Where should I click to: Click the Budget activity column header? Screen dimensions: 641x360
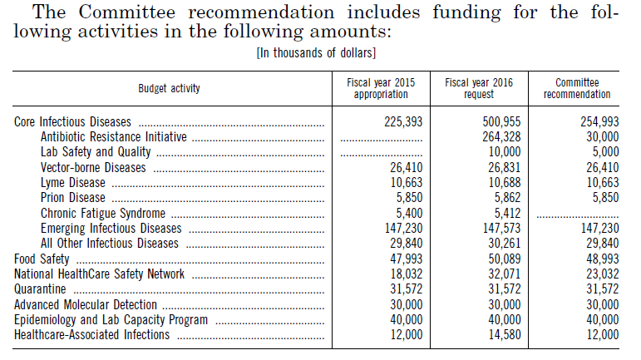169,88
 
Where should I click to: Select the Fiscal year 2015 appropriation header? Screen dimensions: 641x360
381,88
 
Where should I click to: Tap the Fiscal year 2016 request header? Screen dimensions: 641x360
479,88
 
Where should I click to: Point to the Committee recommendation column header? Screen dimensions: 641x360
577,88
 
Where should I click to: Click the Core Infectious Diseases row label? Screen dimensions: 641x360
73,121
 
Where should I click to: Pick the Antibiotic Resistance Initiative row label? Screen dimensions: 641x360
114,136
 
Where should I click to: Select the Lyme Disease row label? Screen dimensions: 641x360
73,183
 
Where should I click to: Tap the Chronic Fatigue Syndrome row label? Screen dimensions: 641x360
103,214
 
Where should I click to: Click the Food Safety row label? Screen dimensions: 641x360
42,259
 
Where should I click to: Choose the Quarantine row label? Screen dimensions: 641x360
40,289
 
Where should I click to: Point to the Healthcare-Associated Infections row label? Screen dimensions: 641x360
92,335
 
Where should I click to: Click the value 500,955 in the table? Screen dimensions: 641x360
501,121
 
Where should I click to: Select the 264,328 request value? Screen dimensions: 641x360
501,136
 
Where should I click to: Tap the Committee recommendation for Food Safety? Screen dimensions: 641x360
603,259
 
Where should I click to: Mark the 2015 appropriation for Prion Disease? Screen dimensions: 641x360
409,198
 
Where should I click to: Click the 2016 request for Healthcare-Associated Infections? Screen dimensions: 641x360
505,335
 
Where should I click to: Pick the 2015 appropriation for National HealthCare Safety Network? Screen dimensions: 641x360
407,274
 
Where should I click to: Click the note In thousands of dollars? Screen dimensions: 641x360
316,53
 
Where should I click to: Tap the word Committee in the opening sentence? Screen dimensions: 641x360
126,12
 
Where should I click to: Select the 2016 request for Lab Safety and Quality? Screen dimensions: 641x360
505,152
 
